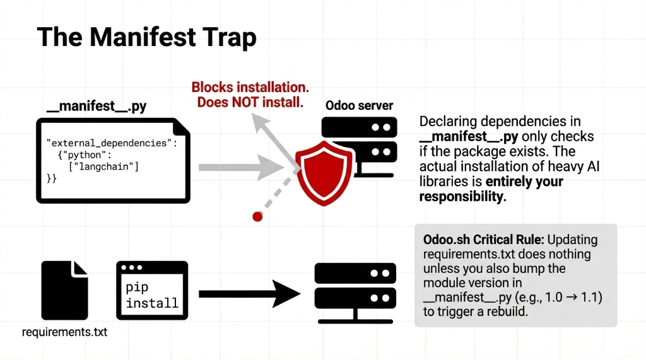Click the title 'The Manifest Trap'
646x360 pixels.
[x=146, y=38]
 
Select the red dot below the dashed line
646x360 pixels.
[x=257, y=216]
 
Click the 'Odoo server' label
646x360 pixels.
[x=359, y=105]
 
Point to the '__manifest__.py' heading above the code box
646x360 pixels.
[x=97, y=106]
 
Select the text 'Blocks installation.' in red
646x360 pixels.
[x=249, y=88]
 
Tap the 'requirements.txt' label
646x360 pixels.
[x=64, y=332]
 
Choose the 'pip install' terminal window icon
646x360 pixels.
[x=152, y=291]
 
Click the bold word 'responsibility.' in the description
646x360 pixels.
[x=462, y=197]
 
